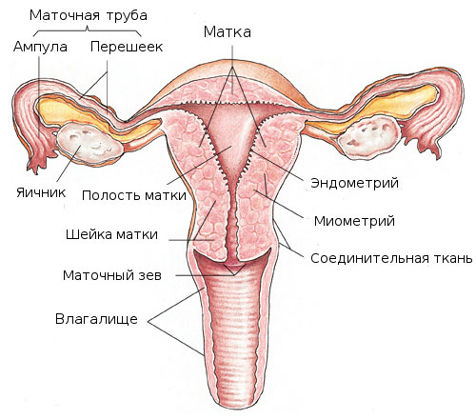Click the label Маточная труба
click(x=89, y=15)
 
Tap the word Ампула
click(x=40, y=47)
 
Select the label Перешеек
click(x=127, y=47)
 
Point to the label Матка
click(x=228, y=31)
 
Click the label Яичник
click(x=41, y=192)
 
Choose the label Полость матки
click(x=134, y=195)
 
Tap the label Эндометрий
click(x=354, y=183)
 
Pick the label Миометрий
click(x=354, y=221)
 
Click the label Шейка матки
click(x=111, y=234)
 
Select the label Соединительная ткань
click(x=391, y=258)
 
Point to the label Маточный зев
click(x=112, y=275)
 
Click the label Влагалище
click(x=96, y=319)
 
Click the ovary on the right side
click(x=368, y=136)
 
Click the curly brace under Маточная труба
click(x=88, y=30)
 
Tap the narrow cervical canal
click(x=232, y=222)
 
